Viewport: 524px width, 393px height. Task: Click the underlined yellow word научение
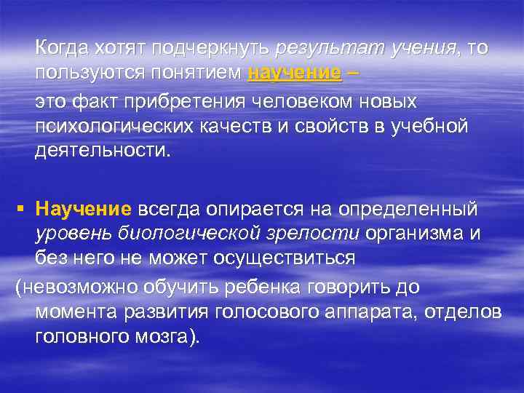coord(294,74)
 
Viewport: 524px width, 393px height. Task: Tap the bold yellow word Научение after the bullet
coord(82,210)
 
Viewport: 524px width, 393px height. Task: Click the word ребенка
coord(280,287)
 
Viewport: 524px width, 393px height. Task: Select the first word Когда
coord(62,48)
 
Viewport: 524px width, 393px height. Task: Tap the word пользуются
coord(87,74)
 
